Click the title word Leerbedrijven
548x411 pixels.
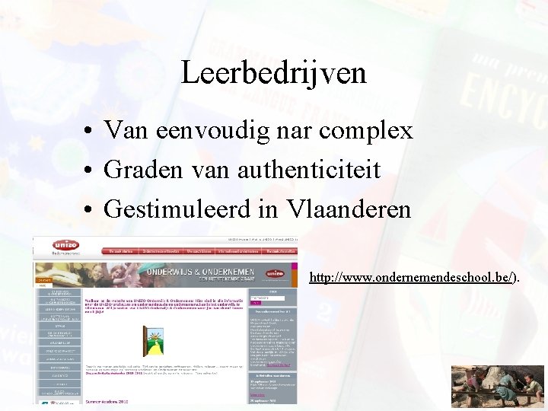274,73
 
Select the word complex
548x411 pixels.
366,131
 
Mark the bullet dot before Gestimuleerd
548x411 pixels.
90,209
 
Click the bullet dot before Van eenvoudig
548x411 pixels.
90,132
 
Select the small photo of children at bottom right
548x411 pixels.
498,387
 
